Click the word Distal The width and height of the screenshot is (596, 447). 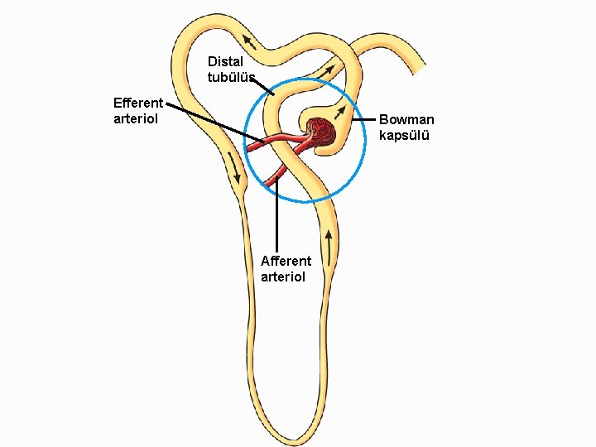[224, 61]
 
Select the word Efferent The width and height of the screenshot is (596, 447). [138, 103]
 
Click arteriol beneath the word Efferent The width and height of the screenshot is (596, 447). [135, 118]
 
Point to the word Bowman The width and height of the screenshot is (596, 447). [406, 120]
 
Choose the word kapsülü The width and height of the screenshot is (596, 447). [404, 135]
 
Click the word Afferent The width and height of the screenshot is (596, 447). [286, 262]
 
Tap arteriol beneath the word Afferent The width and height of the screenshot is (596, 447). [283, 276]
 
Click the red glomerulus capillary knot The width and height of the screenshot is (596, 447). [321, 133]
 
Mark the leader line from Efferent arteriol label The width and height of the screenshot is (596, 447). [211, 121]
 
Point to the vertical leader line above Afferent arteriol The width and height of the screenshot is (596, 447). [276, 215]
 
